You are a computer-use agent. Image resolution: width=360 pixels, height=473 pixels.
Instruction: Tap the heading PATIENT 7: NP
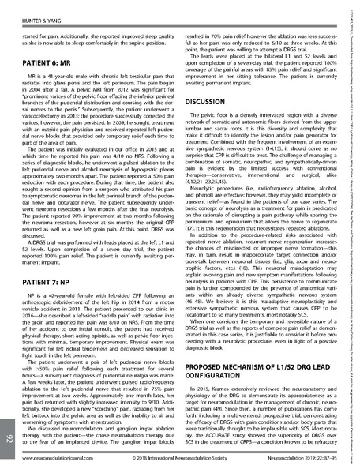click(x=52, y=257)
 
